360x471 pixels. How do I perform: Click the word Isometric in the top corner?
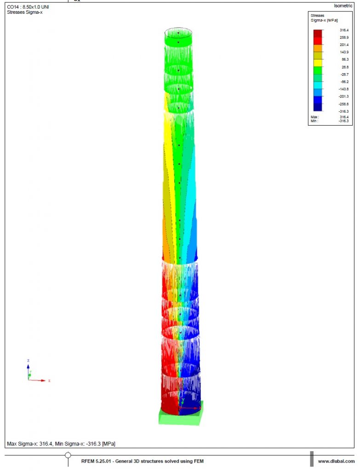point(343,6)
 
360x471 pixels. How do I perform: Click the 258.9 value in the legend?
point(344,38)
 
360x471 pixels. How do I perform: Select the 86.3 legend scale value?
point(345,59)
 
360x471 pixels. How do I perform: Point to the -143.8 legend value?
point(343,89)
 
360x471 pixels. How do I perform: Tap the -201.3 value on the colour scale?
point(343,97)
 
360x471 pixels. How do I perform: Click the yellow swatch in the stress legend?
point(318,63)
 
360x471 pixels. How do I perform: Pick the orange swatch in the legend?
point(318,48)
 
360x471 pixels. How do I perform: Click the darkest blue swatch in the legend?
point(318,107)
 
